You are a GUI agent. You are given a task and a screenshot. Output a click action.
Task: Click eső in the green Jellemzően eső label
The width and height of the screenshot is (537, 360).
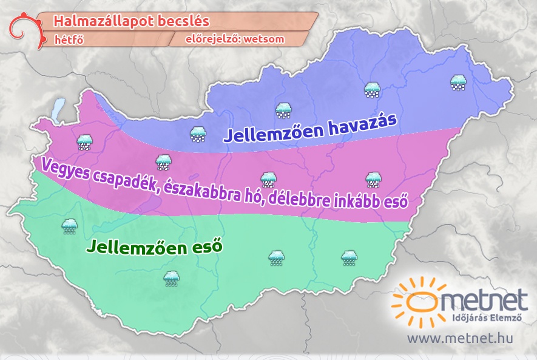pos(206,247)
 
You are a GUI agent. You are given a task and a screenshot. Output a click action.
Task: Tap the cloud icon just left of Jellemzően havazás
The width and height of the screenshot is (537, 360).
pos(197,134)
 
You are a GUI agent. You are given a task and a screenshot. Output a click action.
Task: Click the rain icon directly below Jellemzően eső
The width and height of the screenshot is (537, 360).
pos(172,279)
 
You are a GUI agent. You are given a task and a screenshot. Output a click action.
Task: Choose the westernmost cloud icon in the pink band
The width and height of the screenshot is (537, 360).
pos(84,141)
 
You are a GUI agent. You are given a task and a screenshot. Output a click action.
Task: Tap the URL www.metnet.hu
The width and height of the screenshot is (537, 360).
pos(459,338)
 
